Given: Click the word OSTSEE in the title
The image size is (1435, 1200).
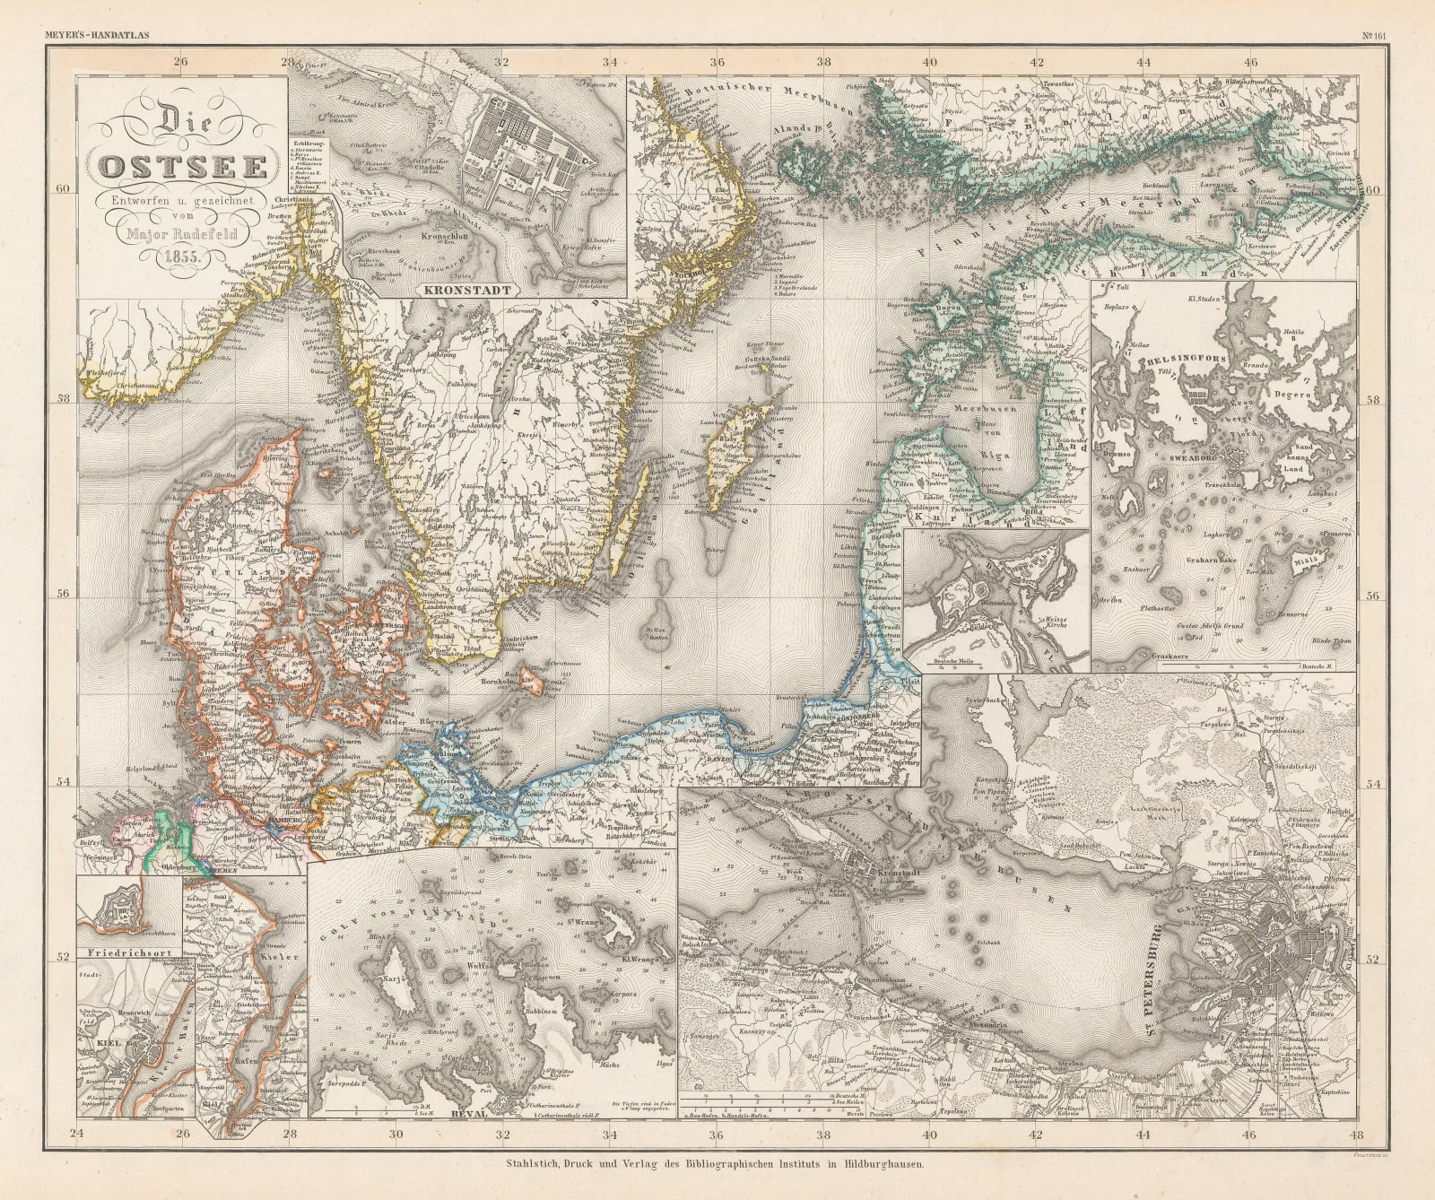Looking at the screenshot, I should click(181, 168).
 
